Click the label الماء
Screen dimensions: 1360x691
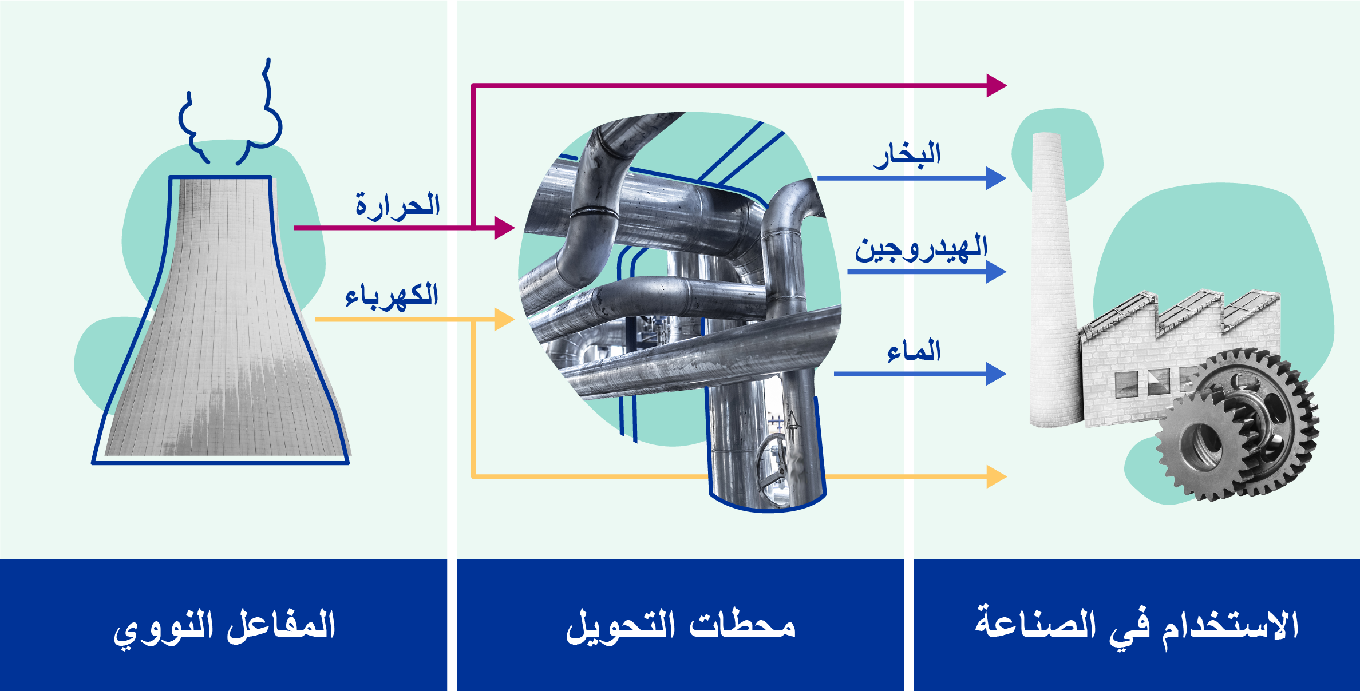[914, 351]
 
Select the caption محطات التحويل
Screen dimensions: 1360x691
[681, 625]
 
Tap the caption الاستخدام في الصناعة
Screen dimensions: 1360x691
[1137, 626]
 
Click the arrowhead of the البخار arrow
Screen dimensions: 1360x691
[997, 178]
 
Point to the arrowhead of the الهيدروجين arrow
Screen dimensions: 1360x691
[997, 272]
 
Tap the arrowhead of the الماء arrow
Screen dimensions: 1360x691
[997, 374]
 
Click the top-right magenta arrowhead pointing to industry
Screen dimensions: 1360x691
[997, 85]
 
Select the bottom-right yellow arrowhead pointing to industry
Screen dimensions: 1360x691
[997, 476]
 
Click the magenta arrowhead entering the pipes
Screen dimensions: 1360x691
[504, 228]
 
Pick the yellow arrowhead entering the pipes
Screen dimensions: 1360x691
[504, 319]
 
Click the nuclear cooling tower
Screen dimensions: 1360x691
[221, 320]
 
